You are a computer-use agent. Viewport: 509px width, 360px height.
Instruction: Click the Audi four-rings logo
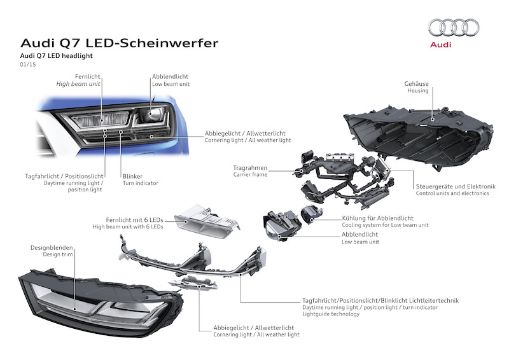(454, 27)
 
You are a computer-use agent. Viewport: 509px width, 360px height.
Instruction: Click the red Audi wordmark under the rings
(440, 45)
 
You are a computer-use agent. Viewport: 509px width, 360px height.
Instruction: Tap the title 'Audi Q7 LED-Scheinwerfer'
(119, 43)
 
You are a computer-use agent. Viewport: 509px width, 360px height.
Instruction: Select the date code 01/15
(28, 64)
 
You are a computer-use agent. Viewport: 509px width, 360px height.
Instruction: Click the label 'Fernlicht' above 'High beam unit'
(88, 76)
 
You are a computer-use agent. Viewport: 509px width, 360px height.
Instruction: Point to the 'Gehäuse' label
(417, 84)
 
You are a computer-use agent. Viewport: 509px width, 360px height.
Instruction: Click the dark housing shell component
(419, 135)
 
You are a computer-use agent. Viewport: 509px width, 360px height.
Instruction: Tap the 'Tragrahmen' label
(250, 168)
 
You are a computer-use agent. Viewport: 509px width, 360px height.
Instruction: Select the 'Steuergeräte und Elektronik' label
(456, 186)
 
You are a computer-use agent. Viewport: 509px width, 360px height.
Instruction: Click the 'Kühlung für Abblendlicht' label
(377, 218)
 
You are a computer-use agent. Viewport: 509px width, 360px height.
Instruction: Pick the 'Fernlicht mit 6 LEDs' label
(134, 220)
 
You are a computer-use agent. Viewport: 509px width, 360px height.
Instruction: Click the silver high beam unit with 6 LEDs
(207, 221)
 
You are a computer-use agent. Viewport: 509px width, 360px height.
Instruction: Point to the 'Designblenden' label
(52, 247)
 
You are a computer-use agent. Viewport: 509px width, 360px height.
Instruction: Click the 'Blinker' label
(132, 176)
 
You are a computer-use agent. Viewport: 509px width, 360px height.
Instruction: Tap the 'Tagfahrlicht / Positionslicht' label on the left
(64, 176)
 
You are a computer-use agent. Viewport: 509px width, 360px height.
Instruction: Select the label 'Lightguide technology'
(331, 314)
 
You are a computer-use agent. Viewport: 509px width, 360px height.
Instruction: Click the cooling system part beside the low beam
(312, 214)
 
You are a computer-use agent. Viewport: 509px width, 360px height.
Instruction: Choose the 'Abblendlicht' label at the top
(170, 76)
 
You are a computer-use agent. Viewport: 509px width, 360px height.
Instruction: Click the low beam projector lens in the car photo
(151, 114)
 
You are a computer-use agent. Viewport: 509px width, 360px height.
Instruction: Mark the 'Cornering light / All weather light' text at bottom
(256, 335)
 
